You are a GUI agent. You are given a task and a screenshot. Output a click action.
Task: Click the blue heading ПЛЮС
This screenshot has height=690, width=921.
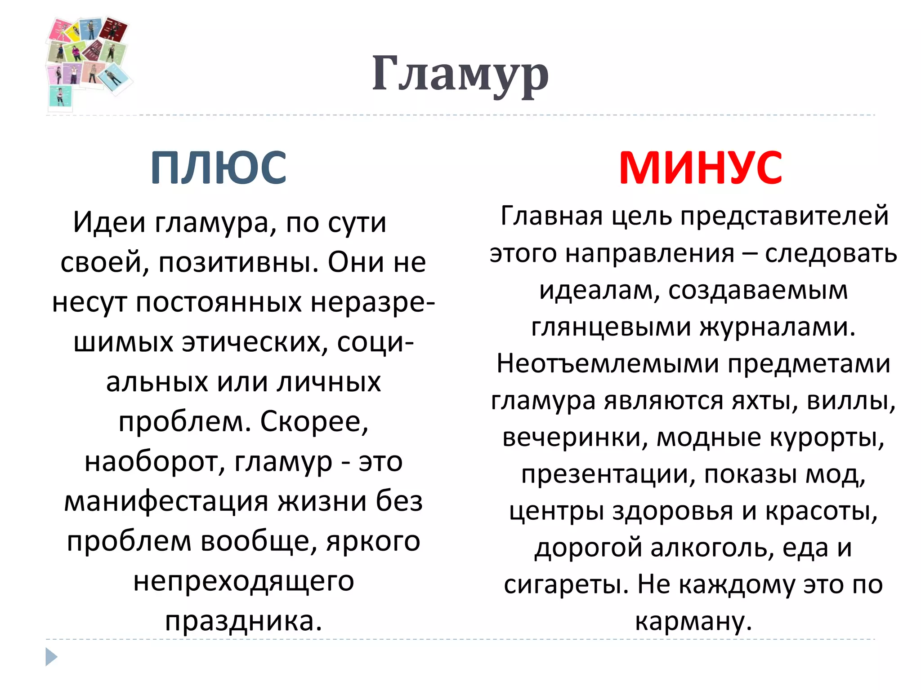[x=219, y=168]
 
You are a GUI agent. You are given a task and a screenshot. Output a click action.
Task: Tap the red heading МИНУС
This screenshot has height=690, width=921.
[x=701, y=168]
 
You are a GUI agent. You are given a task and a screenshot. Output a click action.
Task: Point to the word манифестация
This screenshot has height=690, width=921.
[x=166, y=501]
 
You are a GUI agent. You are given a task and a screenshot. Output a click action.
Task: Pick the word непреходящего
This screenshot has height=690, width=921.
[x=244, y=581]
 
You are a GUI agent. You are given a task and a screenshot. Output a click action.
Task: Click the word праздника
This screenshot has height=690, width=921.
[x=243, y=621]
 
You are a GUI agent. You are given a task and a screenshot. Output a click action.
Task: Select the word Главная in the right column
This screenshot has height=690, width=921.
[x=551, y=216]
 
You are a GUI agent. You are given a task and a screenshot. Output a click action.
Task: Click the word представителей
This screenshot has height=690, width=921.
[x=784, y=216]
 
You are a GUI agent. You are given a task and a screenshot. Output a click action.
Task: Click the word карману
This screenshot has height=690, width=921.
[x=693, y=621]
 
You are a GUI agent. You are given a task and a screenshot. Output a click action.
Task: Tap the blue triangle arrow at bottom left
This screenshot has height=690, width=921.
[x=51, y=657]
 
